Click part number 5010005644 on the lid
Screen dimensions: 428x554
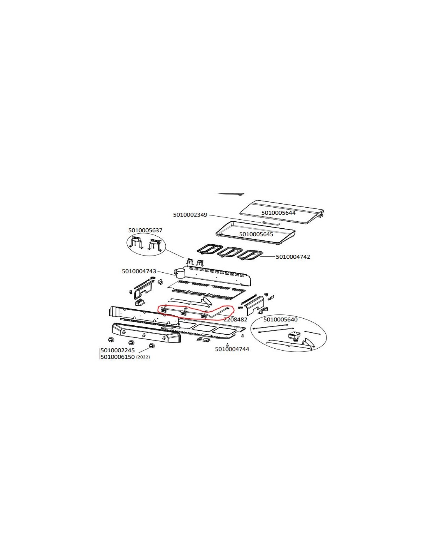278,213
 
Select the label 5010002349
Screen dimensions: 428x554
190,215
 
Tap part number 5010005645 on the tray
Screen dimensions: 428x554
256,234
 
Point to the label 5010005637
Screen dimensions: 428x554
145,230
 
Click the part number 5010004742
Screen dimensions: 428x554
293,257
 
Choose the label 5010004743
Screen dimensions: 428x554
139,271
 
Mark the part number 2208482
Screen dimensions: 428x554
235,319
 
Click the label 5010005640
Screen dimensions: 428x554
280,319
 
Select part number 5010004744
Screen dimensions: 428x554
232,349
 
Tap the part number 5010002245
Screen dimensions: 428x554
118,350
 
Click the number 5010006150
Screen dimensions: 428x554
118,357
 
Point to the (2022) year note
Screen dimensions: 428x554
143,357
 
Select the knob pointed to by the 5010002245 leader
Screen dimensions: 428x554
152,346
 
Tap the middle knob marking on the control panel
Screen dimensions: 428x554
144,335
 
